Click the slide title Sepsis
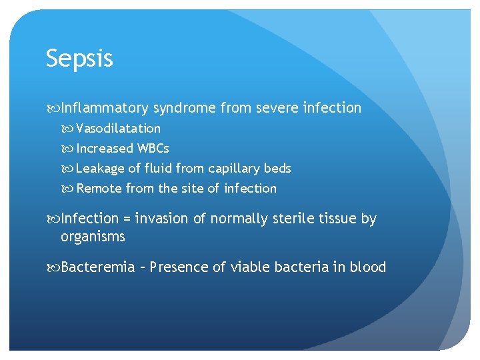point(79,59)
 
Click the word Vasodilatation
point(118,128)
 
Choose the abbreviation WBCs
point(153,148)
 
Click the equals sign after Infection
point(126,219)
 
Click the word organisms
point(93,237)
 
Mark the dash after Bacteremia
point(143,268)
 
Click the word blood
point(369,267)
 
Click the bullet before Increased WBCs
point(70,149)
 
